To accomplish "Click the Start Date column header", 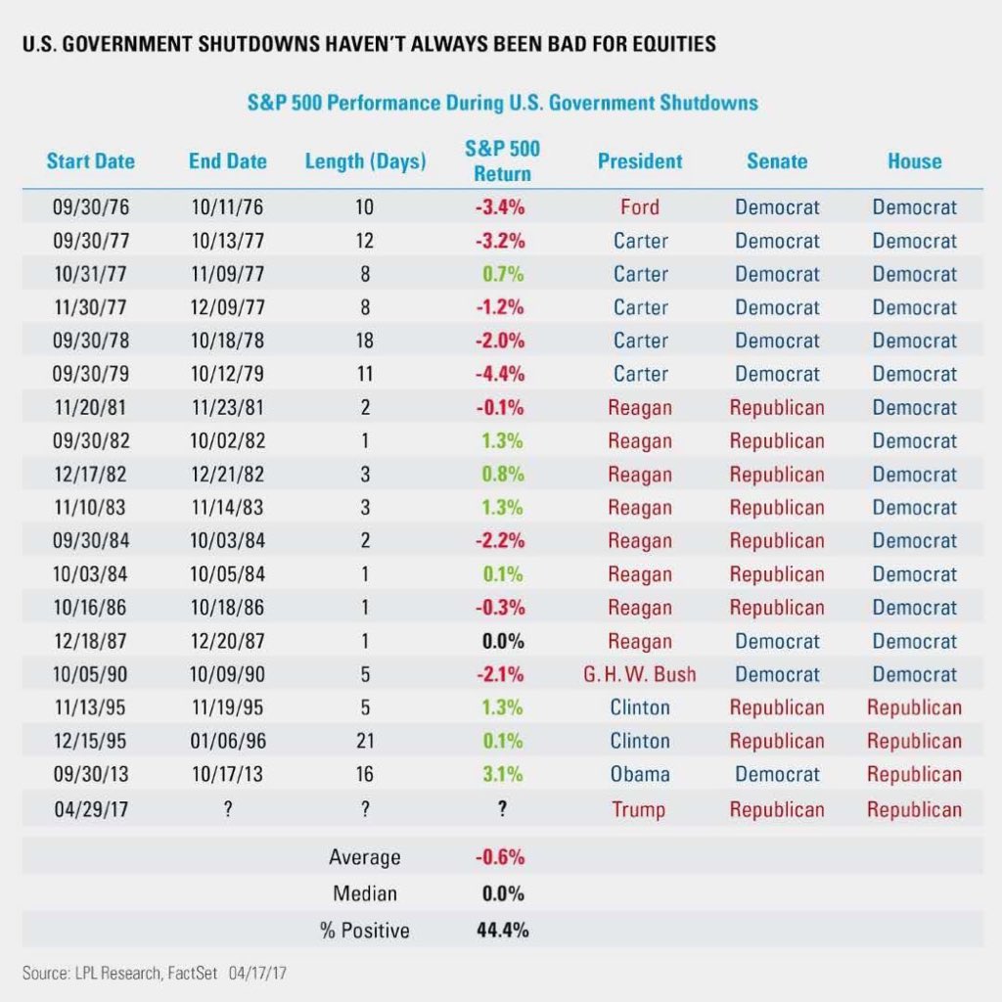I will coord(90,161).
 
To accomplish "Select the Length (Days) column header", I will coord(365,161).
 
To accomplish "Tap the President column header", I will coord(640,161).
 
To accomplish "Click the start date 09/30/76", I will coord(90,207).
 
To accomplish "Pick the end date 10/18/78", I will coord(227,342).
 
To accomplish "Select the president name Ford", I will coord(640,207).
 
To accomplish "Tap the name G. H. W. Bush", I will coord(640,675).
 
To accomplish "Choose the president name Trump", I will coord(640,809).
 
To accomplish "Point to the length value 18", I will coord(365,342).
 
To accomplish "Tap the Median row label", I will coord(365,893).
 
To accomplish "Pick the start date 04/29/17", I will coord(90,809).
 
